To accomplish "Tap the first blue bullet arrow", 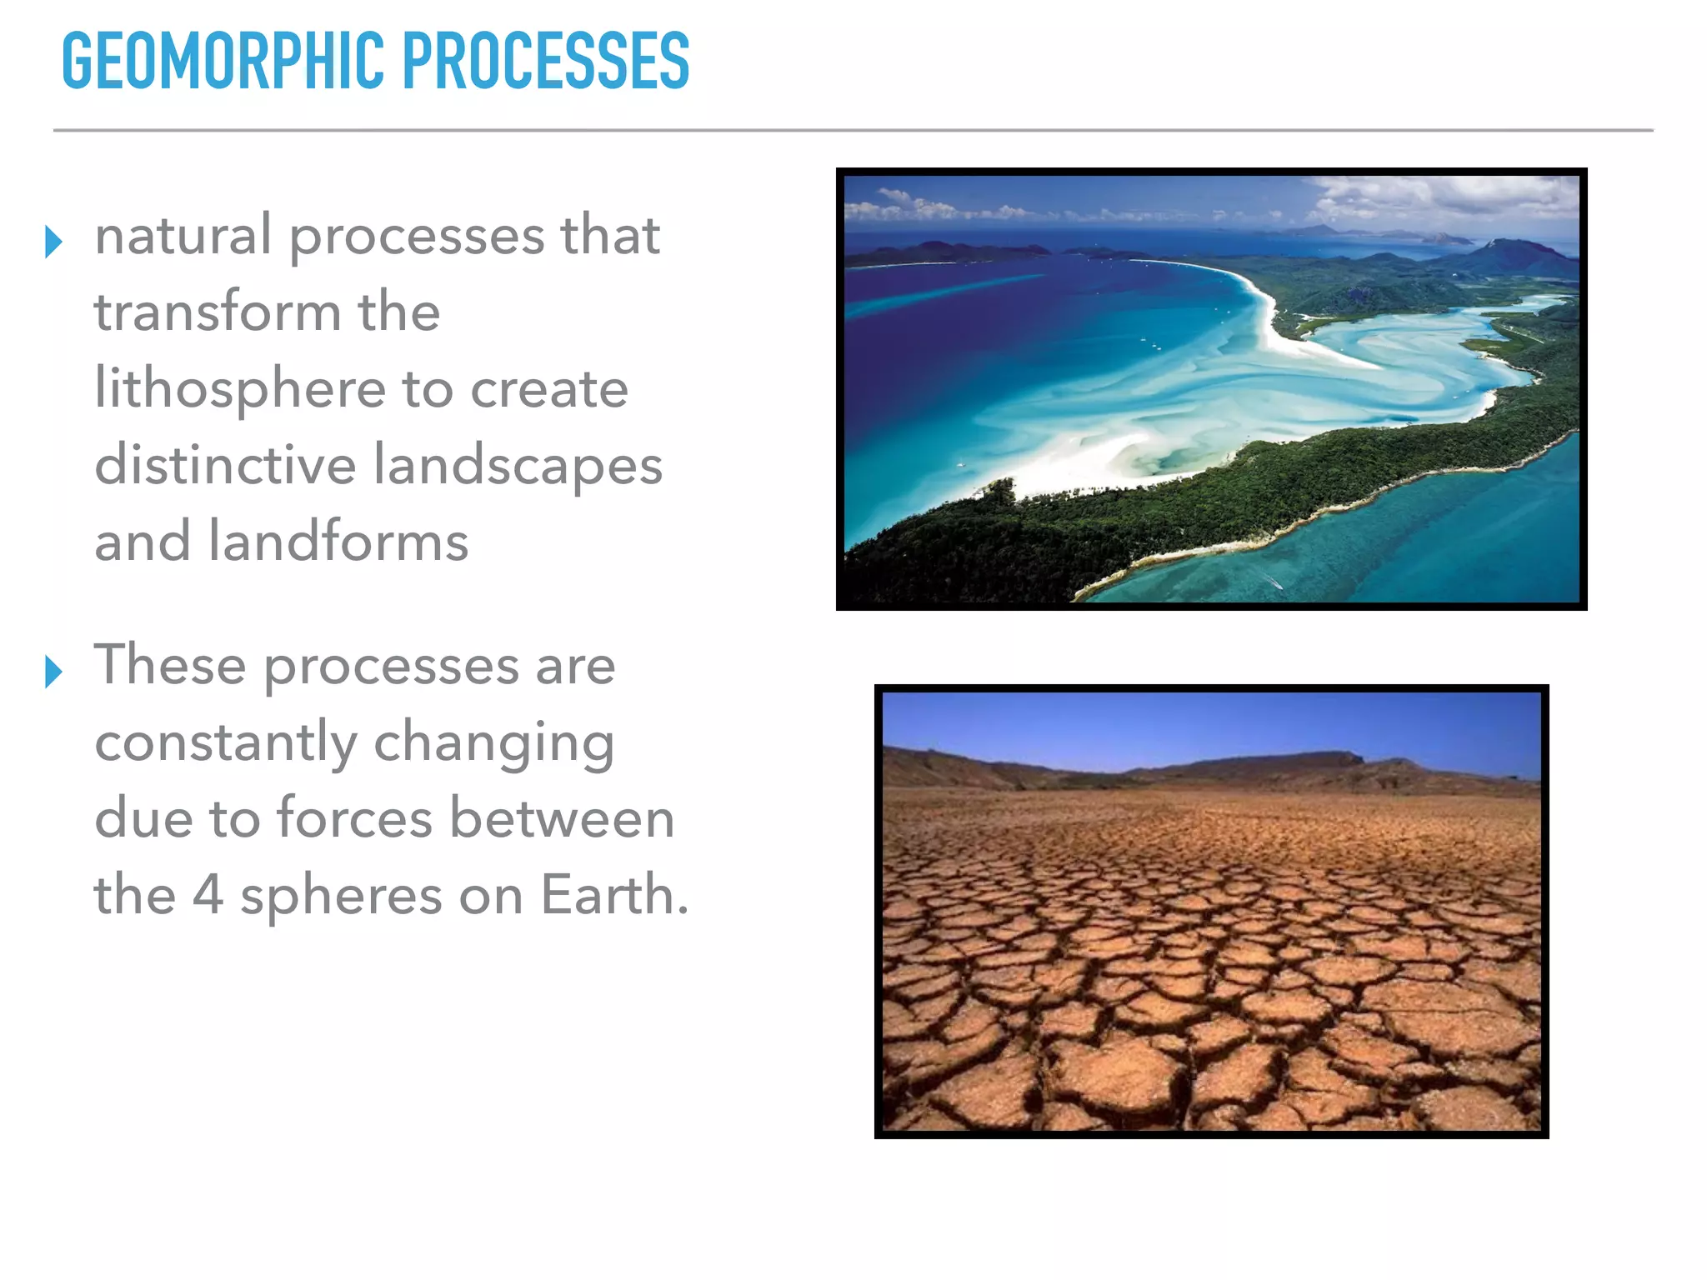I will click(x=53, y=242).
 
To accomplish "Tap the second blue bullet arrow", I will click(x=53, y=672).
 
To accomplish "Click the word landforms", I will click(x=338, y=542).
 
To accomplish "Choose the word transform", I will click(x=218, y=312).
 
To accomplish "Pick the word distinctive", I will click(x=225, y=465).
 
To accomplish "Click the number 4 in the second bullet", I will click(x=208, y=895).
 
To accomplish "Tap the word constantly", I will click(x=226, y=742).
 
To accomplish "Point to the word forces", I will click(x=354, y=818).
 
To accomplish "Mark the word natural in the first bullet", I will click(x=183, y=235).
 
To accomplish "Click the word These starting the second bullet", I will click(x=170, y=665).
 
